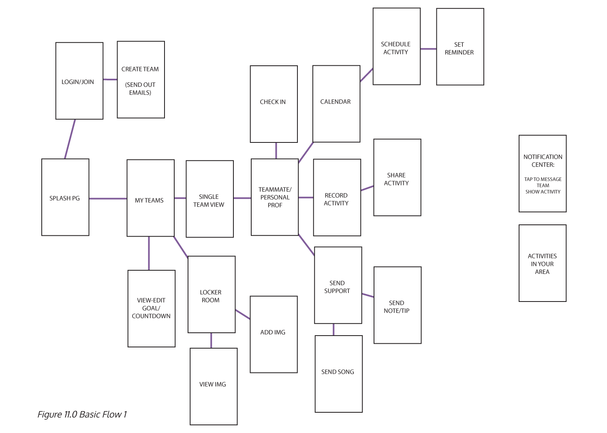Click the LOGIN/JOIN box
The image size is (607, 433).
[79, 81]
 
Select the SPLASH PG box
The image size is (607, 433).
[65, 198]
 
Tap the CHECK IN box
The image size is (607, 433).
[274, 104]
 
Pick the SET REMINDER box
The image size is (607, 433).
[460, 47]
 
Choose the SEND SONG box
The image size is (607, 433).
[338, 374]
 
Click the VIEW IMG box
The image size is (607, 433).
[214, 386]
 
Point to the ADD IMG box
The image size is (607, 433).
[274, 334]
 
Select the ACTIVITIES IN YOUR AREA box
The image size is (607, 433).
[542, 263]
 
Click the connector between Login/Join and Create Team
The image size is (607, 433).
[110, 80]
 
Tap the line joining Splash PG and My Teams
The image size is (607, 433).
[108, 198]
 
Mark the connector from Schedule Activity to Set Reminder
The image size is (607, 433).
[428, 49]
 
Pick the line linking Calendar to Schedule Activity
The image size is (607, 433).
[366, 75]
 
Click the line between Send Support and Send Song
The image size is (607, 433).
[333, 330]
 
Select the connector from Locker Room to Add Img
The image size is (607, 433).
[243, 315]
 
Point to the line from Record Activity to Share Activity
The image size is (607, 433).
[367, 188]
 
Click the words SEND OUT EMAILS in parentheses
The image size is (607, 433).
[140, 88]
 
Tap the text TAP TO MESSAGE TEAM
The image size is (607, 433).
[543, 182]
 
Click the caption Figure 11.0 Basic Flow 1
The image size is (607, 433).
[82, 414]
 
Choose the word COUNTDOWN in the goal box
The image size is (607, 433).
[151, 316]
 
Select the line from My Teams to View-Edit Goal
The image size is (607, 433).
[149, 253]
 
